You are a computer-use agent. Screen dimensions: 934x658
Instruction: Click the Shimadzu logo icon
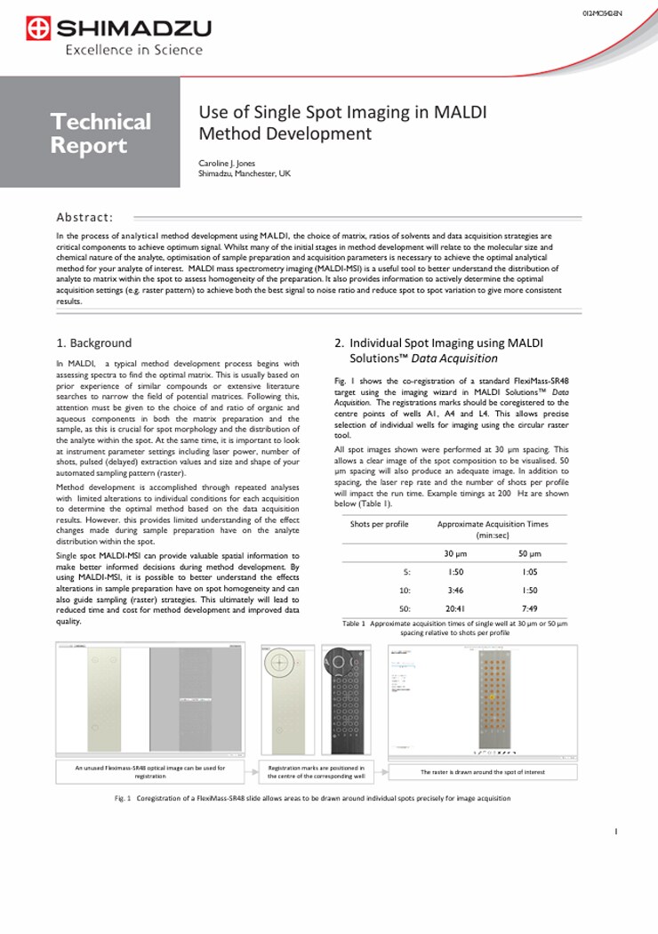(38, 29)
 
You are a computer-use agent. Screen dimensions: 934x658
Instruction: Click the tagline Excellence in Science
(133, 50)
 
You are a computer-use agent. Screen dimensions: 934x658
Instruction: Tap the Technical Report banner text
(100, 133)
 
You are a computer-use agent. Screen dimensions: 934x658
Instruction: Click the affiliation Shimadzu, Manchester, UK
(244, 173)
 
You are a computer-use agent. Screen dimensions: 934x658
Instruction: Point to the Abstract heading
(84, 217)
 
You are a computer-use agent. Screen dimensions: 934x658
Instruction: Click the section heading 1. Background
(93, 342)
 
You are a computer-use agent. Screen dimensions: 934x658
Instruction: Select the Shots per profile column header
(379, 524)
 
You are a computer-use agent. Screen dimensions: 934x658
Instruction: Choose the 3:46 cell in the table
(455, 590)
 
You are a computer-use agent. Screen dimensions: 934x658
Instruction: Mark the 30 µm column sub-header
(455, 553)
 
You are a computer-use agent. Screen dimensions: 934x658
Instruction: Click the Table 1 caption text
(454, 628)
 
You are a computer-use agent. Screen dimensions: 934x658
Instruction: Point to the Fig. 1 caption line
(312, 798)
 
